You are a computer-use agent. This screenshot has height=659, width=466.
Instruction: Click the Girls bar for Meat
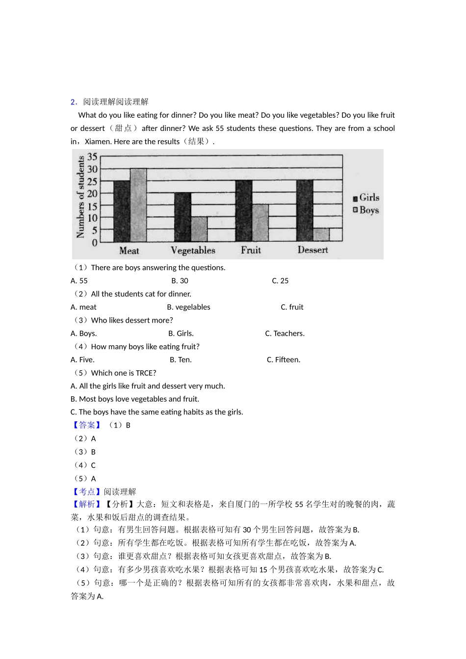pos(122,211)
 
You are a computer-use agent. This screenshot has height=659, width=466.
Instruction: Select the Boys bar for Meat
pos(138,205)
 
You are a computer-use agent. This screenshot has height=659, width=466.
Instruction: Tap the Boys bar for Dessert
pos(321,234)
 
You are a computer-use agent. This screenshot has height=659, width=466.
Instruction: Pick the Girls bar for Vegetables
pos(182,217)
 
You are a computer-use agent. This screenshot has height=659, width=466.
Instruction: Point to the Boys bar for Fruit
pos(260,223)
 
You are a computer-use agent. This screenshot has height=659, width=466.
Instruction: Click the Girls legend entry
pos(366,198)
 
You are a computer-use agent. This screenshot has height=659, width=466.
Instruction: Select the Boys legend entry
pos(366,210)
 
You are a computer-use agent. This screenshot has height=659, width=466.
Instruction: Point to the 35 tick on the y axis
pos(92,157)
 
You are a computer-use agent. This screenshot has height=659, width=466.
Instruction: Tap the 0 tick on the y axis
pos(95,242)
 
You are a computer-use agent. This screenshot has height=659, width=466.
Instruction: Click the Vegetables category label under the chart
pos(193,251)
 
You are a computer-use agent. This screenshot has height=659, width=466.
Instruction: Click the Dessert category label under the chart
pos(312,250)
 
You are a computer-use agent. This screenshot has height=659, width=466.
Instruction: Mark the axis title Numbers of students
pos(80,197)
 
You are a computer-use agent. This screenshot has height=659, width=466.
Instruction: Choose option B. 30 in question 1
pos(180,281)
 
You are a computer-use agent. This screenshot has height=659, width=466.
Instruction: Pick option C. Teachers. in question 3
pos(285,333)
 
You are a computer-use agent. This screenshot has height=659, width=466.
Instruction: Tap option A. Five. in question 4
pos(82,360)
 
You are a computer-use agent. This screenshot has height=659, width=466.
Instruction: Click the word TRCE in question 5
pos(145,373)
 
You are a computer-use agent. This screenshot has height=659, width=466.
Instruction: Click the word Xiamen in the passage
pos(97,142)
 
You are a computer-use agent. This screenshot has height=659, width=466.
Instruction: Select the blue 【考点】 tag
pos(86,492)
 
